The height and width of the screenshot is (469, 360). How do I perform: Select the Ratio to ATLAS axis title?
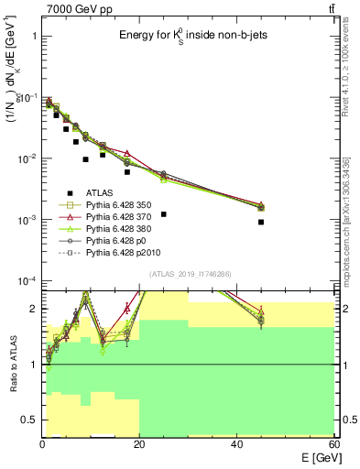click(13, 365)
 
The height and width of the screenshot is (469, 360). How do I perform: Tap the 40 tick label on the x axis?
click(236, 444)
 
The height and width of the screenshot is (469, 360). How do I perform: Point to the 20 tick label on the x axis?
click(139, 444)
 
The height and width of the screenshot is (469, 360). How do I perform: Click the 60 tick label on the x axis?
click(333, 444)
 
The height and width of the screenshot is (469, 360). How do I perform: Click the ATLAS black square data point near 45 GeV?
click(261, 222)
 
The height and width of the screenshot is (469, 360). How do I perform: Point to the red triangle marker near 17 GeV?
click(127, 153)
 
